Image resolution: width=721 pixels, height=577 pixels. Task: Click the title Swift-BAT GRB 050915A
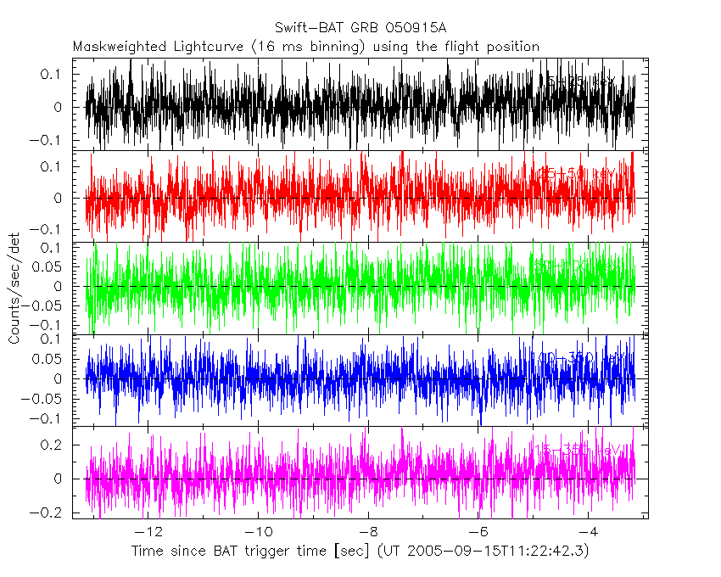360,28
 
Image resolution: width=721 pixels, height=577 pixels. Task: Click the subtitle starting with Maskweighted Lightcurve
305,46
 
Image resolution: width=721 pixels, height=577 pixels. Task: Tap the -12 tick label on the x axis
148,532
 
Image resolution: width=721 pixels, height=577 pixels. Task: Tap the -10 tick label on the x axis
259,532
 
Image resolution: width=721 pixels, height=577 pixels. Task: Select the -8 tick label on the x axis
369,532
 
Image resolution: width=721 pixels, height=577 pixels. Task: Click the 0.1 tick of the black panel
52,75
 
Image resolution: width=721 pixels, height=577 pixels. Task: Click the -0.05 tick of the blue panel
45,399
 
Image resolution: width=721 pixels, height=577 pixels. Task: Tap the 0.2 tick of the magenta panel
52,445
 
